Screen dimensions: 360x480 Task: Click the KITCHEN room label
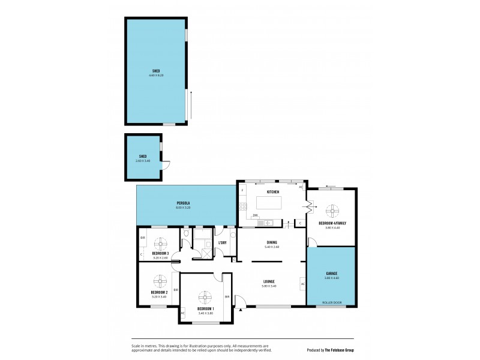(274, 191)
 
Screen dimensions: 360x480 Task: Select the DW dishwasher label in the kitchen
(255, 215)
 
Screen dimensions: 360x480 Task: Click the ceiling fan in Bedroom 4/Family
(332, 211)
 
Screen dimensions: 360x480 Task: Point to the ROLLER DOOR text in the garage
(332, 302)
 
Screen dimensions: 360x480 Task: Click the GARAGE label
(332, 273)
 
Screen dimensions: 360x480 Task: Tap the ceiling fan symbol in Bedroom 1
(206, 296)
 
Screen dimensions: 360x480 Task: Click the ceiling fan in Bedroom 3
(160, 243)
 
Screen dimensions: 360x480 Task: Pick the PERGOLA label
(183, 203)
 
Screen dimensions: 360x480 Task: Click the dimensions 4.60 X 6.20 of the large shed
(156, 76)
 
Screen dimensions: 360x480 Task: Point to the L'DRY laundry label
(222, 242)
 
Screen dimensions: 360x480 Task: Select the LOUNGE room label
(269, 281)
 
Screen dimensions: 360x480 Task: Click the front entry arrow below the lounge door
(239, 310)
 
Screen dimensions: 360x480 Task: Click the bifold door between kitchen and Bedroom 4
(310, 208)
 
